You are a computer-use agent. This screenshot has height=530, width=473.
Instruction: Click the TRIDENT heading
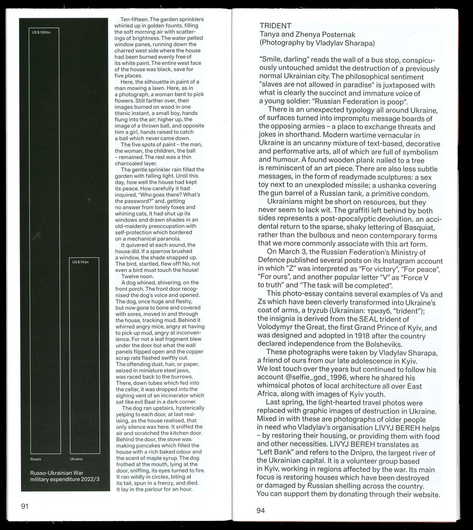click(275, 26)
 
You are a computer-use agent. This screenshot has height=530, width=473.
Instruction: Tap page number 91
click(25, 506)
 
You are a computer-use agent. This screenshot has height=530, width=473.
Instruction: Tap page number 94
click(261, 510)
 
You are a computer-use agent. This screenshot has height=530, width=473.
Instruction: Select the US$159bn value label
click(41, 32)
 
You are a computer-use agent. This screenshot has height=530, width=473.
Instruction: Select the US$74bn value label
click(80, 262)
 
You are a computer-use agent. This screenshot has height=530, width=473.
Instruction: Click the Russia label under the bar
click(36, 459)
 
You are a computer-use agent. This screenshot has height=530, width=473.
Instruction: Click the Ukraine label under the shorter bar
click(76, 459)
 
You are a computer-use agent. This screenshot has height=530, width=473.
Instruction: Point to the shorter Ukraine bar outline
click(84, 357)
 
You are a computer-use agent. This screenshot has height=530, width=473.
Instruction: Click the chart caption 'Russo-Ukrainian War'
click(57, 473)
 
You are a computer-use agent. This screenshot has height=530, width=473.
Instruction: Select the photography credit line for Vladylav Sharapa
click(317, 43)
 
